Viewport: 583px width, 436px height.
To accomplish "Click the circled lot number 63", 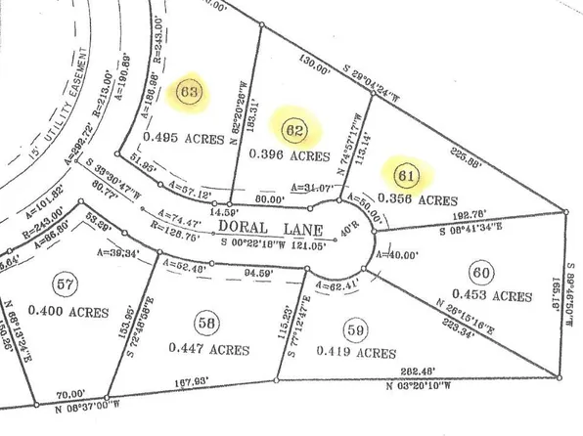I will [188, 94].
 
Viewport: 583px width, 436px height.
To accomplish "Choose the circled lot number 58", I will [204, 321].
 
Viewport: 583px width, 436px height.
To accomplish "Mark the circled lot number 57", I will [65, 285].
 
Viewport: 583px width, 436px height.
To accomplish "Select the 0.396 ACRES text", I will [289, 155].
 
